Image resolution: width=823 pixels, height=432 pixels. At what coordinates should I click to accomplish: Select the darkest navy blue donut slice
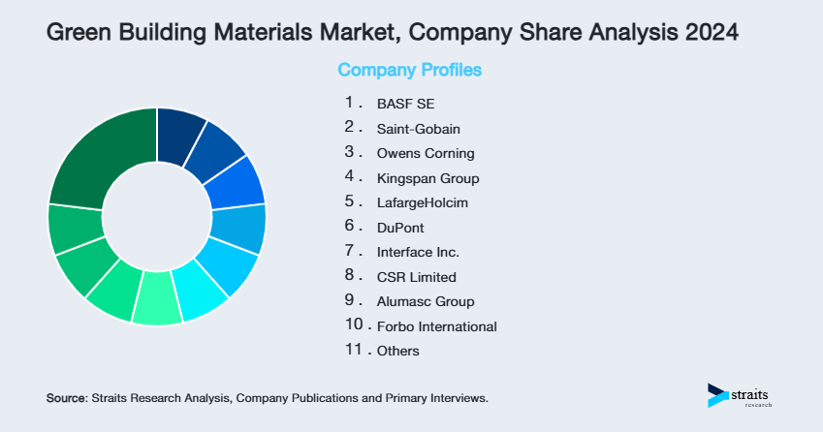179,129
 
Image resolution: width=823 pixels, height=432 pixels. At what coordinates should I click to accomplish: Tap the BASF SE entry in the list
400,103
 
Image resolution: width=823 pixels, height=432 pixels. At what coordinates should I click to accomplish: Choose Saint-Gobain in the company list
419,128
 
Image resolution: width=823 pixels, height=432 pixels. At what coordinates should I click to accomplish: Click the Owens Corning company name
426,153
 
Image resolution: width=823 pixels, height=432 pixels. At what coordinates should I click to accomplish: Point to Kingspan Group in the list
427,178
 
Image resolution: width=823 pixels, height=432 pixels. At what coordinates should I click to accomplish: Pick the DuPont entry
400,228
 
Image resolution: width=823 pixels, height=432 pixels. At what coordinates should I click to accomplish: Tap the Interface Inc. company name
418,252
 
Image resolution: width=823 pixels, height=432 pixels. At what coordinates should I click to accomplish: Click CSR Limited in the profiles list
416,277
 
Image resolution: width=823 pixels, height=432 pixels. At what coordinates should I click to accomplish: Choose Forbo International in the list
436,326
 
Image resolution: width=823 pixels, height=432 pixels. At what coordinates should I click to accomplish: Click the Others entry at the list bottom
398,351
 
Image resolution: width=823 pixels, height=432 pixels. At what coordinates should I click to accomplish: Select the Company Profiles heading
409,71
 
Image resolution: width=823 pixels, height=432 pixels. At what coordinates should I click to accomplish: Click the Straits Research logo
743,395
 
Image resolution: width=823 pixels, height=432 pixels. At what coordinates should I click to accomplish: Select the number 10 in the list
352,325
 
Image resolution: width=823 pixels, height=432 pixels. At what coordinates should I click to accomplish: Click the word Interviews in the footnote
457,398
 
